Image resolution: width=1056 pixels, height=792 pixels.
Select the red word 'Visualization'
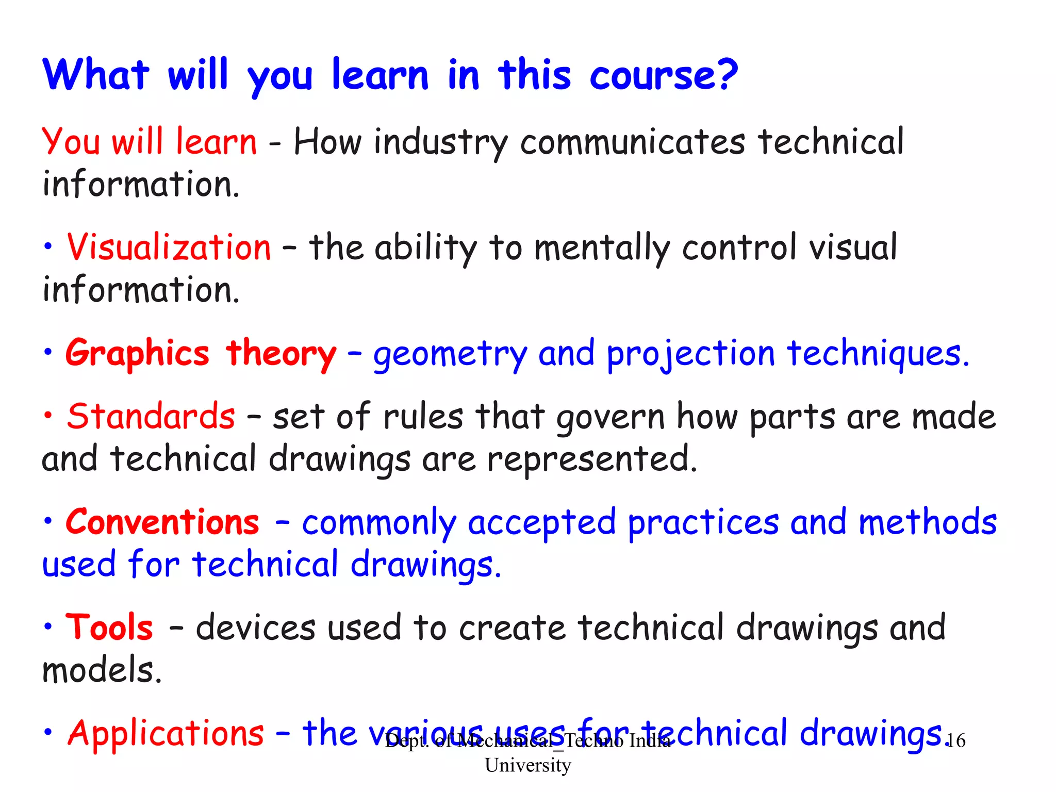coord(169,247)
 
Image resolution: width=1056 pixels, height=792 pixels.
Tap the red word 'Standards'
coord(151,417)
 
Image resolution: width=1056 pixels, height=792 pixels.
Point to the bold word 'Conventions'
coord(162,522)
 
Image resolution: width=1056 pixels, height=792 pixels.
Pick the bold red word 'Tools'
coord(109,628)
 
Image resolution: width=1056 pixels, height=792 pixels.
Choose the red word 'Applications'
coord(166,733)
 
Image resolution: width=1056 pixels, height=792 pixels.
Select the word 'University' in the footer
coord(528,765)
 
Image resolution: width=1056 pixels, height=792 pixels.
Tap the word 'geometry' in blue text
coord(450,355)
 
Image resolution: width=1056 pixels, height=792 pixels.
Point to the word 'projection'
coord(690,355)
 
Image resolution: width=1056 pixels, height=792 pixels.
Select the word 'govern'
coord(610,418)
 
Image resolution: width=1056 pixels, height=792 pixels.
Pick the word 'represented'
coord(592,459)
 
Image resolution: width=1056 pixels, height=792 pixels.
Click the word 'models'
coord(102,670)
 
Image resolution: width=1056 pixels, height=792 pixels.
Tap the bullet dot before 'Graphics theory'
coord(48,353)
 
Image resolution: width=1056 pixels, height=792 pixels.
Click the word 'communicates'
coord(633,143)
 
